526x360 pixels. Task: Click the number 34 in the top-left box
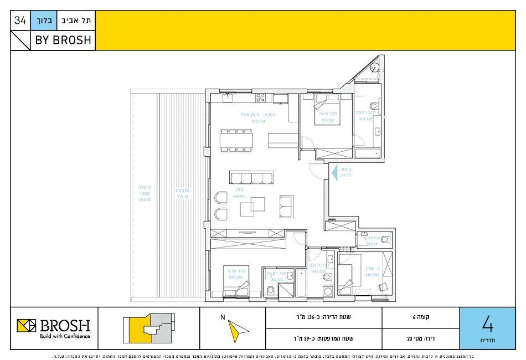click(x=20, y=21)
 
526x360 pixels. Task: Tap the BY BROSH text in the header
click(x=63, y=40)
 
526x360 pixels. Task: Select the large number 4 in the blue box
click(x=487, y=323)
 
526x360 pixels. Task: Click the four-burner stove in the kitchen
click(x=260, y=98)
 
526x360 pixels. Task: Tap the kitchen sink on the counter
click(x=226, y=97)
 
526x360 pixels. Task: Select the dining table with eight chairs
click(x=237, y=140)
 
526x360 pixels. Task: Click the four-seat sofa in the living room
click(x=251, y=177)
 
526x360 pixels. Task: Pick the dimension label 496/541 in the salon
click(x=239, y=196)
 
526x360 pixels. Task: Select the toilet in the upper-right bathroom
click(x=373, y=106)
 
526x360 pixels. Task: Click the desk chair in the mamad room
click(x=383, y=286)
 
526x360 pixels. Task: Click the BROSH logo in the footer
click(x=54, y=328)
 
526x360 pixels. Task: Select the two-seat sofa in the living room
click(x=286, y=206)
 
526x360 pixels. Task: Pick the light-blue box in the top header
click(x=42, y=21)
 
